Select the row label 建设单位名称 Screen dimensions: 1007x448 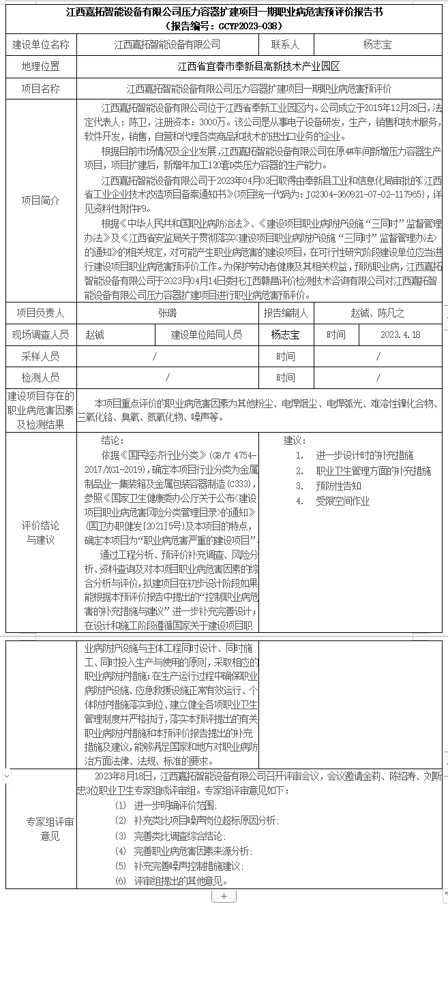point(41,45)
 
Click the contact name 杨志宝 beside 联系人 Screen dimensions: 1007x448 point(377,45)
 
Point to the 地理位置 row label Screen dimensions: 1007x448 point(41,67)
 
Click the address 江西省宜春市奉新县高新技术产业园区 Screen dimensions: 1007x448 point(258,67)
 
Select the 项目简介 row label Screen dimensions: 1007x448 point(41,201)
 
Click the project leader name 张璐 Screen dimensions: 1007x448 point(167,313)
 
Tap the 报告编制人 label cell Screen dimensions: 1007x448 point(286,313)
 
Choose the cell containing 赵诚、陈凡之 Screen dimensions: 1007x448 point(377,313)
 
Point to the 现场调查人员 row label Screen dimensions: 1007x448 point(41,335)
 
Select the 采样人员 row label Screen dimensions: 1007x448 point(41,356)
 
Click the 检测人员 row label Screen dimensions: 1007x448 point(41,377)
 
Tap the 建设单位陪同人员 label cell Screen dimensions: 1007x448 point(207,335)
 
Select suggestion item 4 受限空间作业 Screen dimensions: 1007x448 point(342,501)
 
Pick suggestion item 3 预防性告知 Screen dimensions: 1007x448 point(338,486)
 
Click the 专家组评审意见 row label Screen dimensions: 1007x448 point(41,829)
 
